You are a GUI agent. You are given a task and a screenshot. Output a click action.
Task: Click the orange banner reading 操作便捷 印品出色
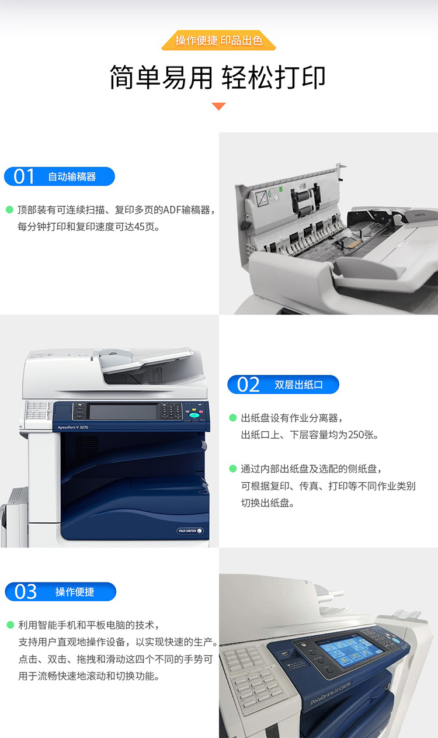218,40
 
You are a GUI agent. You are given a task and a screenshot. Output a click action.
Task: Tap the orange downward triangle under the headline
218,106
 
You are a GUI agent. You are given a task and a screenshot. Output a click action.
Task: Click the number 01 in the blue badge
24,176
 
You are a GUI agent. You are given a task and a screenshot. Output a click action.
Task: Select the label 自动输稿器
72,176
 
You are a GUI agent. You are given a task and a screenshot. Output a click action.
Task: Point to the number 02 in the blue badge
248,384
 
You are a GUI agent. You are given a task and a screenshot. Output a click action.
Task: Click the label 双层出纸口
298,384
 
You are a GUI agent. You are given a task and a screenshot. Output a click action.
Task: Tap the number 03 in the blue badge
26,592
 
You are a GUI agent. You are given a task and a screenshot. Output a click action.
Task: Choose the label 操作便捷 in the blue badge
75,592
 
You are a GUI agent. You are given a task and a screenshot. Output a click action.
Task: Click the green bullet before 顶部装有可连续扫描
9,210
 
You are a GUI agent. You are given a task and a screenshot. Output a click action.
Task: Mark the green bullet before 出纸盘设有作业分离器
233,418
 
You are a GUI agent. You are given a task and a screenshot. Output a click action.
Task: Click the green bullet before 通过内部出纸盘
233,469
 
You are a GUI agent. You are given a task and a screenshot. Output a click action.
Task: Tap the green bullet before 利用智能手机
10,625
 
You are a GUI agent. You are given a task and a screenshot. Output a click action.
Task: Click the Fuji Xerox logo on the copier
190,531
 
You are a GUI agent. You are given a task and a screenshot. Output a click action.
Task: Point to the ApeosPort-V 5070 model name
73,427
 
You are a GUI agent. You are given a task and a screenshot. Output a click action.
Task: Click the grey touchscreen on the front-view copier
123,412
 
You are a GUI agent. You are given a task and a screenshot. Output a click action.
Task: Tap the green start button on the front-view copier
194,415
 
